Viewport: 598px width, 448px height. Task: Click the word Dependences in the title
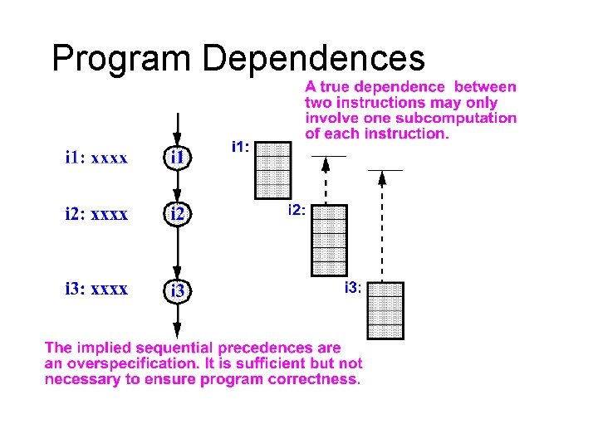point(314,58)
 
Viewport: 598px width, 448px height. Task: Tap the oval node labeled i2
point(179,214)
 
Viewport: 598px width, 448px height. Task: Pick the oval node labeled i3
point(179,291)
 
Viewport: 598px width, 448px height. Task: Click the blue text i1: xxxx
point(96,158)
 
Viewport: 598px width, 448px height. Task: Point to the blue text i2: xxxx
point(96,214)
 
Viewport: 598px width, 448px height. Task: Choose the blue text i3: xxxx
point(96,290)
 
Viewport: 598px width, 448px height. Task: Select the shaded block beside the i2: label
point(329,240)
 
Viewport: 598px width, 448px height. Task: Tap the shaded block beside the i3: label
point(385,315)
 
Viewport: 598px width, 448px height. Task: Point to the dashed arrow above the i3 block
point(381,224)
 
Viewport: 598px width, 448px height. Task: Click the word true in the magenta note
point(335,86)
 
